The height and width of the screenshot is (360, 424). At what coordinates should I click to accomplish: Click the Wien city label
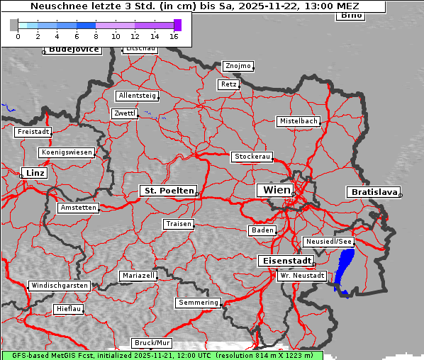277,190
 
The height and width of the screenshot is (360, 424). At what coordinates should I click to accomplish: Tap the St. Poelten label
168,191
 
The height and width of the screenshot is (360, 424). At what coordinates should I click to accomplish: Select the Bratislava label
373,192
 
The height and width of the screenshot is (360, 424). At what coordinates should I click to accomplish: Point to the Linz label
34,173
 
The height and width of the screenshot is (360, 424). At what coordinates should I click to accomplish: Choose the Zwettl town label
124,113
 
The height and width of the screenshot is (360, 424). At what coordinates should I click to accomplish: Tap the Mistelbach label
298,121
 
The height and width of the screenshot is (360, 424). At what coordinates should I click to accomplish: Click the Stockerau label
252,157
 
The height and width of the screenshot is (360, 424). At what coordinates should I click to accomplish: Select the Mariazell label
138,275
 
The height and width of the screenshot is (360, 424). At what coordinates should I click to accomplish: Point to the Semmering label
199,303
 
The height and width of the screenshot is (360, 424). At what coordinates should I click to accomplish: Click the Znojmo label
238,66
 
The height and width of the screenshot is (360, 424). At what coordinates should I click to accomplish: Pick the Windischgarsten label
59,286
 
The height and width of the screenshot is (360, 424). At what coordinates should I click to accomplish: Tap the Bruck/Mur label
152,343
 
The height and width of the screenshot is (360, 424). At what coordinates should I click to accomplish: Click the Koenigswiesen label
67,152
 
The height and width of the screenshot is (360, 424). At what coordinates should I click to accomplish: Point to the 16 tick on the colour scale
174,35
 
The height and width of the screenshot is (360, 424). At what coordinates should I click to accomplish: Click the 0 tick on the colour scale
18,35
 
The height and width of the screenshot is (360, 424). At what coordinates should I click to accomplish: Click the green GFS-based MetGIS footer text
162,355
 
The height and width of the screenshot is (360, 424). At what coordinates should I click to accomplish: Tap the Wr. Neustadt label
302,275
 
